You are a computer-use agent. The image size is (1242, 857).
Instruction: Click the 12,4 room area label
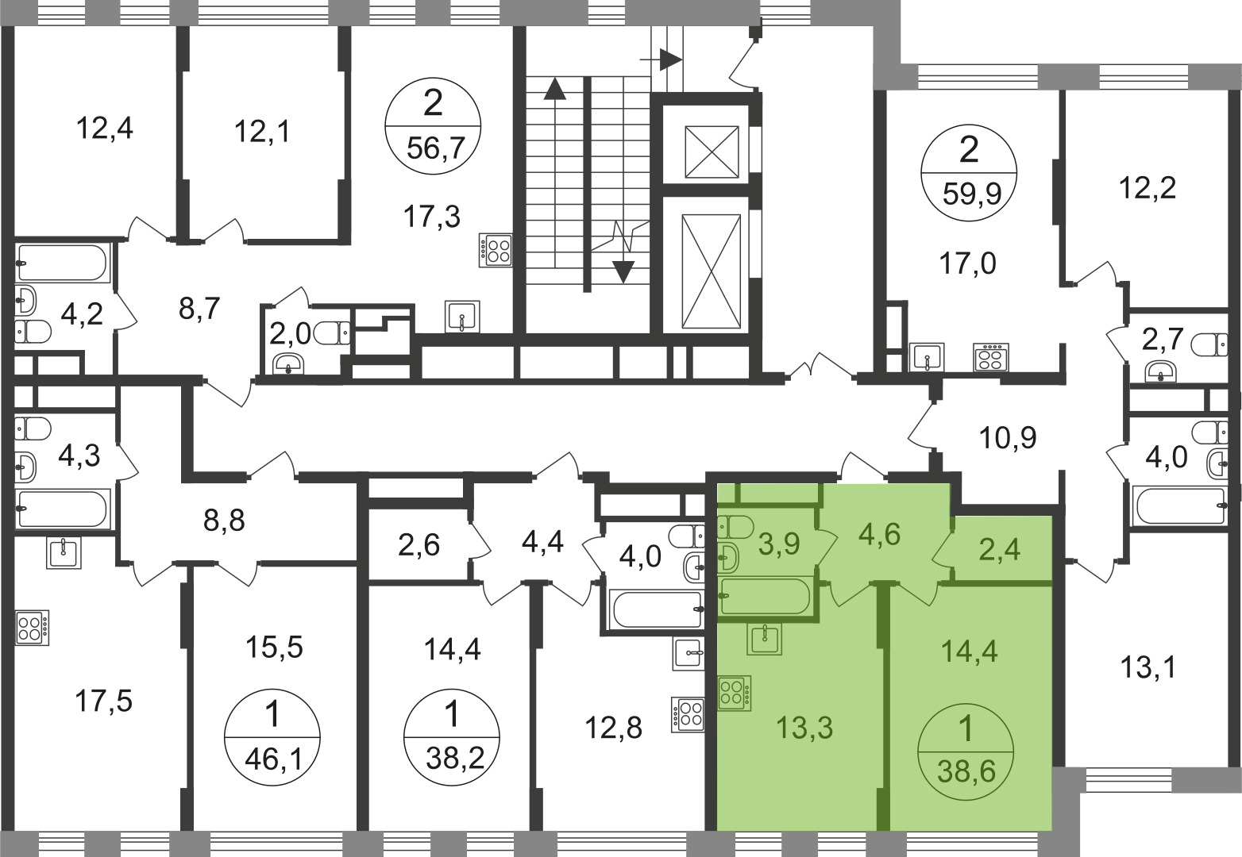[x=104, y=129]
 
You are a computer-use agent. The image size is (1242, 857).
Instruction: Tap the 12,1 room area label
[x=262, y=133]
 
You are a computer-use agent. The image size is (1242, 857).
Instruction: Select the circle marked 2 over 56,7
[x=433, y=125]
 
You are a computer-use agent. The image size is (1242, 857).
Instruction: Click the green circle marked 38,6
[x=966, y=751]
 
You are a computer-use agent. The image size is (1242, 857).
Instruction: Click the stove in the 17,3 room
[x=496, y=248]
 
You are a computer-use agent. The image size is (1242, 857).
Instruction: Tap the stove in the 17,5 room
[x=33, y=628]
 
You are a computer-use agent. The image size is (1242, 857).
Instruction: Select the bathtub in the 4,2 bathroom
[x=62, y=263]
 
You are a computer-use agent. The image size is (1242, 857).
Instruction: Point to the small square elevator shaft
[x=712, y=152]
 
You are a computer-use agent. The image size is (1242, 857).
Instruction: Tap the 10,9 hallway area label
[x=1008, y=438]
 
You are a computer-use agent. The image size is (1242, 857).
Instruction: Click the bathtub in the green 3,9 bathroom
[x=766, y=595]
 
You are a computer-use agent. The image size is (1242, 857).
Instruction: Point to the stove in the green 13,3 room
[x=735, y=693]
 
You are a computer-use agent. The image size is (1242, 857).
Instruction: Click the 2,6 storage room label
[x=418, y=546]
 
